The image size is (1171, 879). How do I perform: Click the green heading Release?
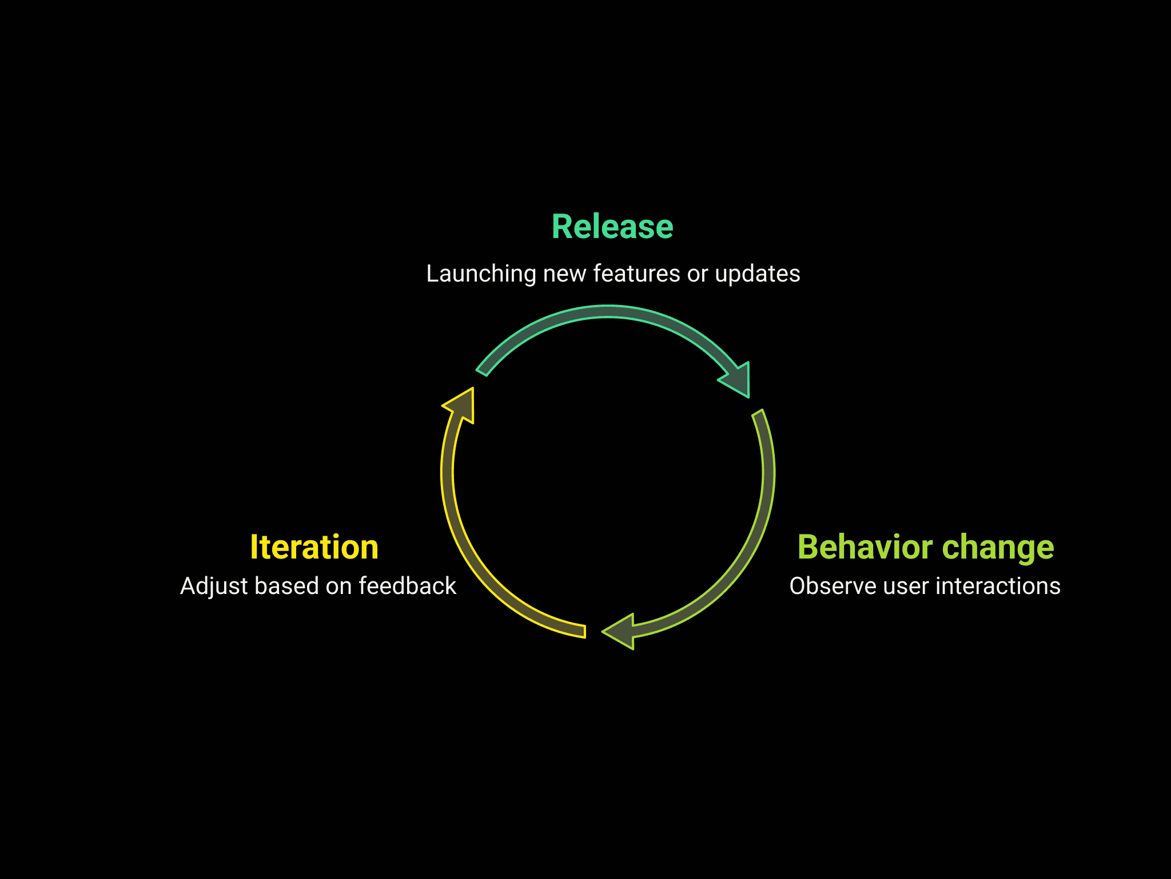point(612,227)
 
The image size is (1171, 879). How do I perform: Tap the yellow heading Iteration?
point(314,548)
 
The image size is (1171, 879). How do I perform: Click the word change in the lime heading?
point(998,548)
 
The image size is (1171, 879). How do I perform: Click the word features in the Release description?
point(636,274)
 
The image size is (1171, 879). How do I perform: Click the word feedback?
point(407,587)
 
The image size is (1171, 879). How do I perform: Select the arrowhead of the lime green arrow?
point(620,631)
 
